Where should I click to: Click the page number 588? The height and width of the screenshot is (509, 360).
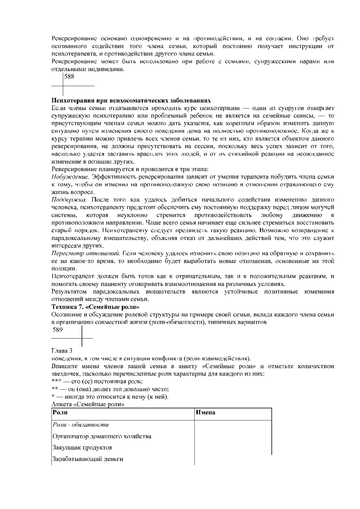coord(69,77)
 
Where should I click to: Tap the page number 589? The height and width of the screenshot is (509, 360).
coord(58,330)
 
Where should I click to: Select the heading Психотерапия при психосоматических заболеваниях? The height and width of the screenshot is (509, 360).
coord(131,100)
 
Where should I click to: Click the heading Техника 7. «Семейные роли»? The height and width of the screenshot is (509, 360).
coord(95,307)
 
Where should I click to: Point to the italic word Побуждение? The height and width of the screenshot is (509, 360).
coord(70,177)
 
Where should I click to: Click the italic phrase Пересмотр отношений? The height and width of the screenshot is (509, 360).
coord(86,253)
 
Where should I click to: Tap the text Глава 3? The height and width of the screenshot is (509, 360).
coord(62,351)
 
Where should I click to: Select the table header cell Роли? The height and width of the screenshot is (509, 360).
coord(60,412)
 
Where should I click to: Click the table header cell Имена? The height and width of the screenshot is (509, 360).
coord(205,412)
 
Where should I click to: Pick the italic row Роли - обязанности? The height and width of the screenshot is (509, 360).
coord(81,425)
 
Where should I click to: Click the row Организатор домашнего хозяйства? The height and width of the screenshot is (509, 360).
coord(102,436)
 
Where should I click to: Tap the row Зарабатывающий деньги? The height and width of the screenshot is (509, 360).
coord(88,459)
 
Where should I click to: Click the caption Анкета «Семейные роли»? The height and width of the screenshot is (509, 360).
coord(88,404)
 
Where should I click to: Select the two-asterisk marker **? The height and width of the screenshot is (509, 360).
coord(55,389)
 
